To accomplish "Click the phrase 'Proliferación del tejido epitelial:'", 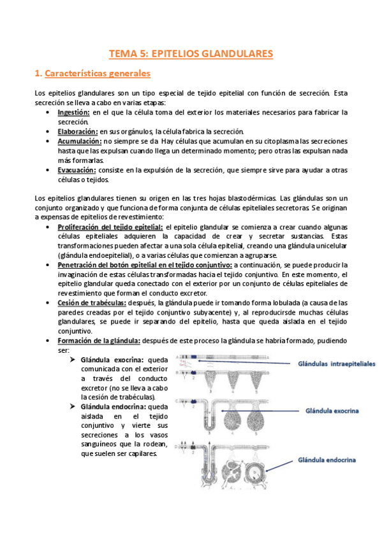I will click(x=110, y=227).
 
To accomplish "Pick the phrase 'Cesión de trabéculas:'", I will click(x=91, y=303).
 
